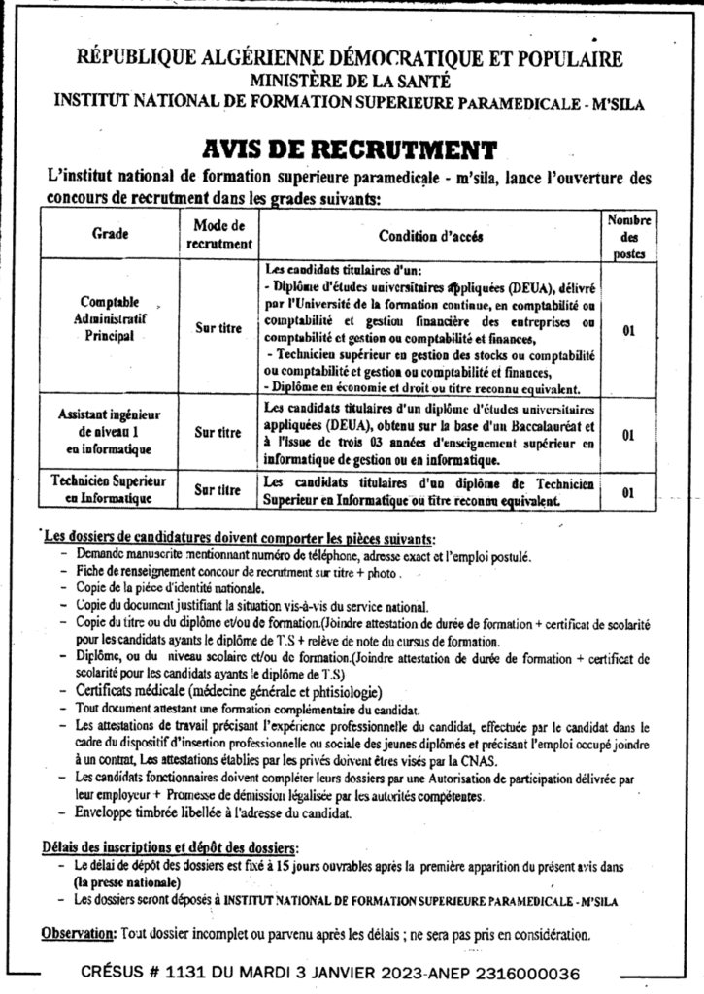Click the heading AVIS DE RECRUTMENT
(352, 149)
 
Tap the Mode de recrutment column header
(218, 234)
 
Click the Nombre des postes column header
(628, 234)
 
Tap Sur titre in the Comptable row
(218, 329)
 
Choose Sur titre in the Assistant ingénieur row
(218, 433)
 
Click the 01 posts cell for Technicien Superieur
(628, 491)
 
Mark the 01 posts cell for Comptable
(628, 330)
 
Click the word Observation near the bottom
(77, 934)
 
